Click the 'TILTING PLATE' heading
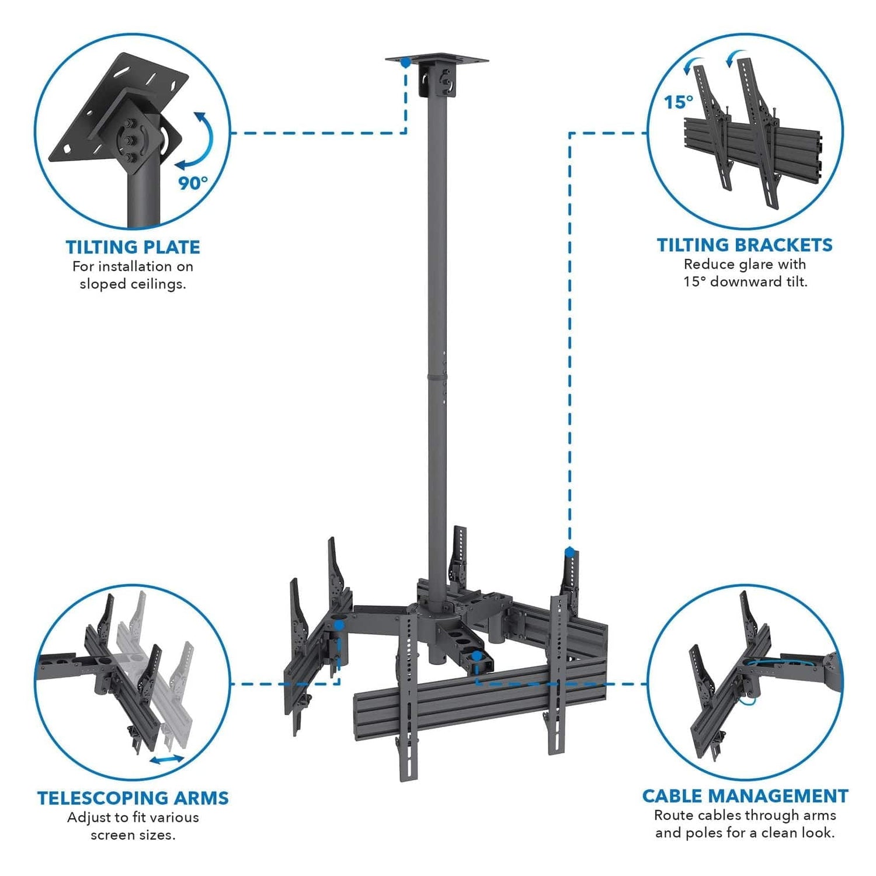tap(133, 247)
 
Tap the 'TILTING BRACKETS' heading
tap(745, 245)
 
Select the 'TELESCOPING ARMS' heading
tap(133, 798)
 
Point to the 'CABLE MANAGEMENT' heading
tap(745, 795)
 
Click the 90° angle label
tap(193, 183)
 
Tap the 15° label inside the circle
tap(678, 102)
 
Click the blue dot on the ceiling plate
tap(405, 61)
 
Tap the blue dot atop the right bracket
tap(569, 551)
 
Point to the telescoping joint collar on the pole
tap(437, 377)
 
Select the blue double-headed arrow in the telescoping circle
tap(167, 759)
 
